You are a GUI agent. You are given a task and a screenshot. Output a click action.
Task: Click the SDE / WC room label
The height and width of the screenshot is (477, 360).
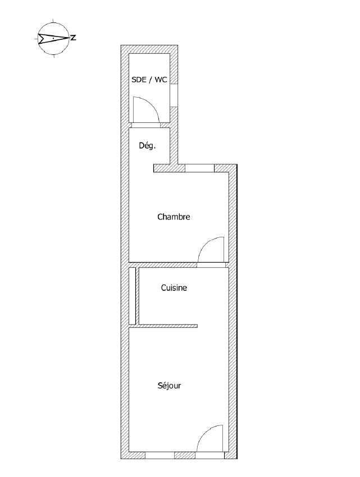149,80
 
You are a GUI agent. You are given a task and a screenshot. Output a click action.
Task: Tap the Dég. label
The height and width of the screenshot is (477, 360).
147,145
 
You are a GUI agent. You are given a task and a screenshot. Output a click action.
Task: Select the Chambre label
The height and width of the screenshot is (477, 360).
174,217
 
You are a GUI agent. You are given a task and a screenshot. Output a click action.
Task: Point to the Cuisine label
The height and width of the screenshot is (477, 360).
174,287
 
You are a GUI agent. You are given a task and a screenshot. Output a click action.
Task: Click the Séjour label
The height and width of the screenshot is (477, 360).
170,386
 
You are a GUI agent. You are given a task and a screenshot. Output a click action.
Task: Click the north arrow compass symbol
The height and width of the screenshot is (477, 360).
53,38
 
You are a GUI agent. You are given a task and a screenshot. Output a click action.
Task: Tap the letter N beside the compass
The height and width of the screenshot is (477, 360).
74,38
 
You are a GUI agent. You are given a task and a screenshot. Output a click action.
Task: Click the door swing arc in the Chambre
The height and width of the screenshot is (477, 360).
207,244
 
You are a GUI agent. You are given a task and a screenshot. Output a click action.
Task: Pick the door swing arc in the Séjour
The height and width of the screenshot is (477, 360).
206,432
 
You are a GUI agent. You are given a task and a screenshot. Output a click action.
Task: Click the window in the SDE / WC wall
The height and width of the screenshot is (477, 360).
174,95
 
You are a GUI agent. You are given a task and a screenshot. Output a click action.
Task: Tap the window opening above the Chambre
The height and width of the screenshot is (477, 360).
200,168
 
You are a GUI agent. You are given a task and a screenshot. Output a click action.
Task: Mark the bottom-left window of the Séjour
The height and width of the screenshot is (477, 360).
160,456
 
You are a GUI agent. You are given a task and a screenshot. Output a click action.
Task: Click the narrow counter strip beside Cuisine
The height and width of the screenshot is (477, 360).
132,296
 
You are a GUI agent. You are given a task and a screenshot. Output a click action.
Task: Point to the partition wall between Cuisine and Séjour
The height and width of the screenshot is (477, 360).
168,326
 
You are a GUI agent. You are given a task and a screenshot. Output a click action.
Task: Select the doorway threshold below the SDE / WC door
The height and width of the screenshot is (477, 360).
146,125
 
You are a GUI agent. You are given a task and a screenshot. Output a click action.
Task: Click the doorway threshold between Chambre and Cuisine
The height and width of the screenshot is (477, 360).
211,265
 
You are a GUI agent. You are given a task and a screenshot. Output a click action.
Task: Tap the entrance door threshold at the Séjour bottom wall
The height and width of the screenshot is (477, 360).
210,456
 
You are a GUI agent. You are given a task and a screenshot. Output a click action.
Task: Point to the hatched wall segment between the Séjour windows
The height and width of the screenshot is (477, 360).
185,456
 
